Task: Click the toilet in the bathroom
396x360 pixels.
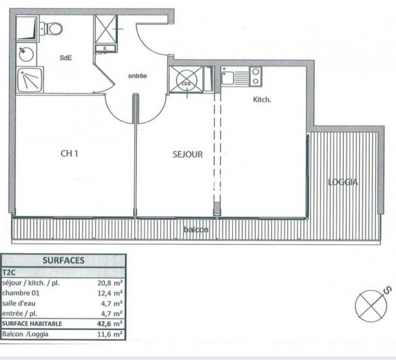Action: (54, 28)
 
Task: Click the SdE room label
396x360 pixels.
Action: (65, 57)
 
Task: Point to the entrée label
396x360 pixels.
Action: (138, 76)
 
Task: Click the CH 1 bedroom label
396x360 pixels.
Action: (70, 153)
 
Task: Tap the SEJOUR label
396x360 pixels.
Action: (188, 154)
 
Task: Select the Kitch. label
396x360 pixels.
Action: (262, 99)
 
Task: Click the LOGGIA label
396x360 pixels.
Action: (343, 182)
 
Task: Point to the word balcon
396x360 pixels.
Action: (196, 230)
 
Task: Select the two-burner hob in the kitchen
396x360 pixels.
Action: (255, 76)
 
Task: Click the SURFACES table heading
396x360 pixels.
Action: (63, 260)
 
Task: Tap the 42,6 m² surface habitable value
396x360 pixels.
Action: (111, 324)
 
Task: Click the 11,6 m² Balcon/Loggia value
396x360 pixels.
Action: (111, 334)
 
